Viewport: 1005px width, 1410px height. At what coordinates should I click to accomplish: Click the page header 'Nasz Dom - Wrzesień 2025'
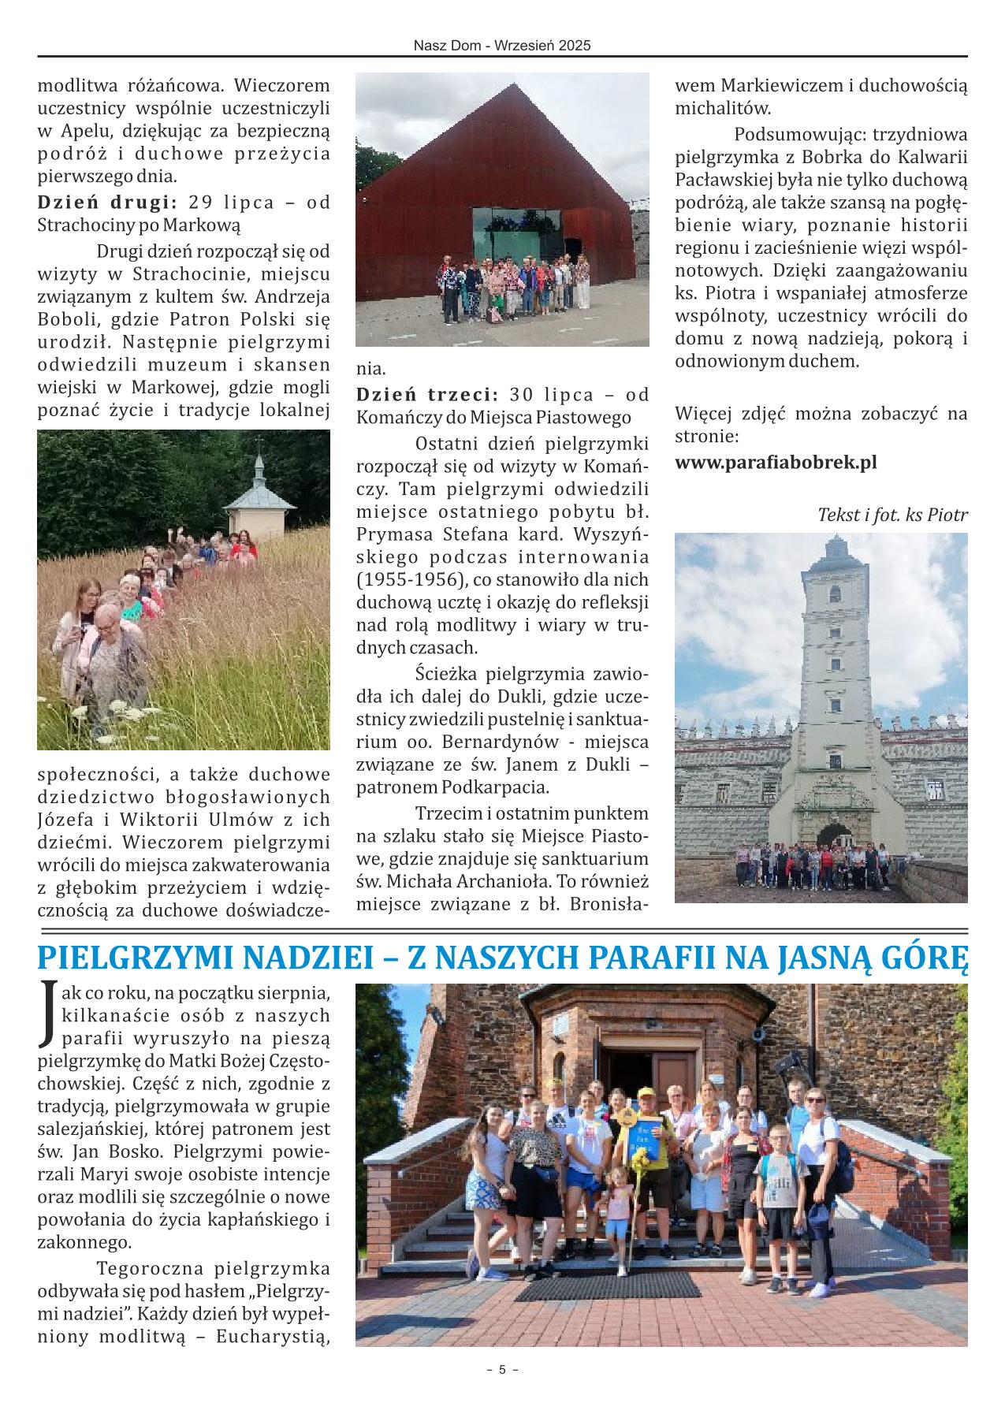coord(502,47)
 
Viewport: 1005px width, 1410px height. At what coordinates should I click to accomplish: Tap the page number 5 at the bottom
coord(502,1392)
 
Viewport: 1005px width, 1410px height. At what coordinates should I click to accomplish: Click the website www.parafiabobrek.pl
coord(776,463)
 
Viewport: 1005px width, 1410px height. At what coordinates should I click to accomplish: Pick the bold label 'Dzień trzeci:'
coord(426,394)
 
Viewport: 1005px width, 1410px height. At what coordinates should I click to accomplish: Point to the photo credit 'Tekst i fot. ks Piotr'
coord(892,515)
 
